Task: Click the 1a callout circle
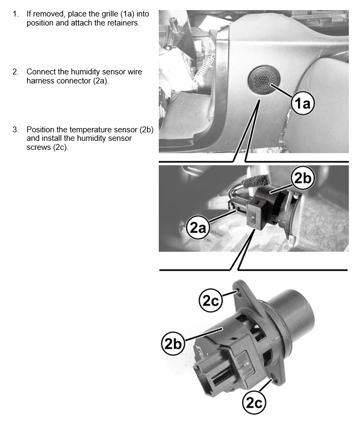[x=303, y=103]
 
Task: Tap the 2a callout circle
[x=198, y=228]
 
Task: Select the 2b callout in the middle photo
[x=303, y=179]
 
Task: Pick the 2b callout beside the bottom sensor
[x=173, y=343]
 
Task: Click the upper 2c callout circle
[x=211, y=300]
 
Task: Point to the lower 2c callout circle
[x=254, y=403]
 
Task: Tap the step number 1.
[x=15, y=14]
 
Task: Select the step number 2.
[x=15, y=72]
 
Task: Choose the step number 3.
[x=15, y=130]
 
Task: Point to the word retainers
[x=123, y=23]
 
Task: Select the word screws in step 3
[x=39, y=147]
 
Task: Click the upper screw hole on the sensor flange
[x=238, y=292]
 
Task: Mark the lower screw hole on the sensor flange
[x=273, y=375]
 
